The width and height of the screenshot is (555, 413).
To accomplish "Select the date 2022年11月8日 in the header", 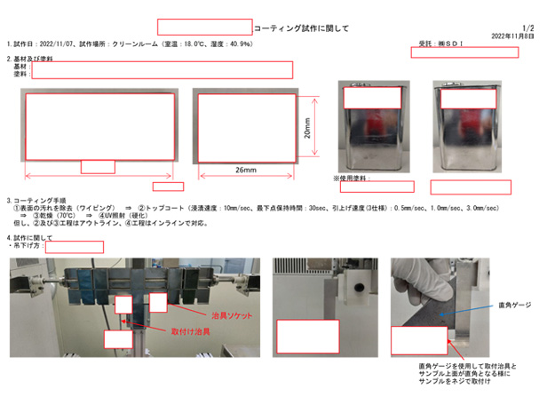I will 512,36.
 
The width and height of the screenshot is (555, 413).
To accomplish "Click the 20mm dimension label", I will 305,130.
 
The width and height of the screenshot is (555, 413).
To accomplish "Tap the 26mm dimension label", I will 246,170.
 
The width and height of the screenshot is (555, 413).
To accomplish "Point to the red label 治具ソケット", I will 233,314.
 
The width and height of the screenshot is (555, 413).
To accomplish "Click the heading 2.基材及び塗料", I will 31,59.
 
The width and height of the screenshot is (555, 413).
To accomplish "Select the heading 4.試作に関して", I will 30,238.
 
